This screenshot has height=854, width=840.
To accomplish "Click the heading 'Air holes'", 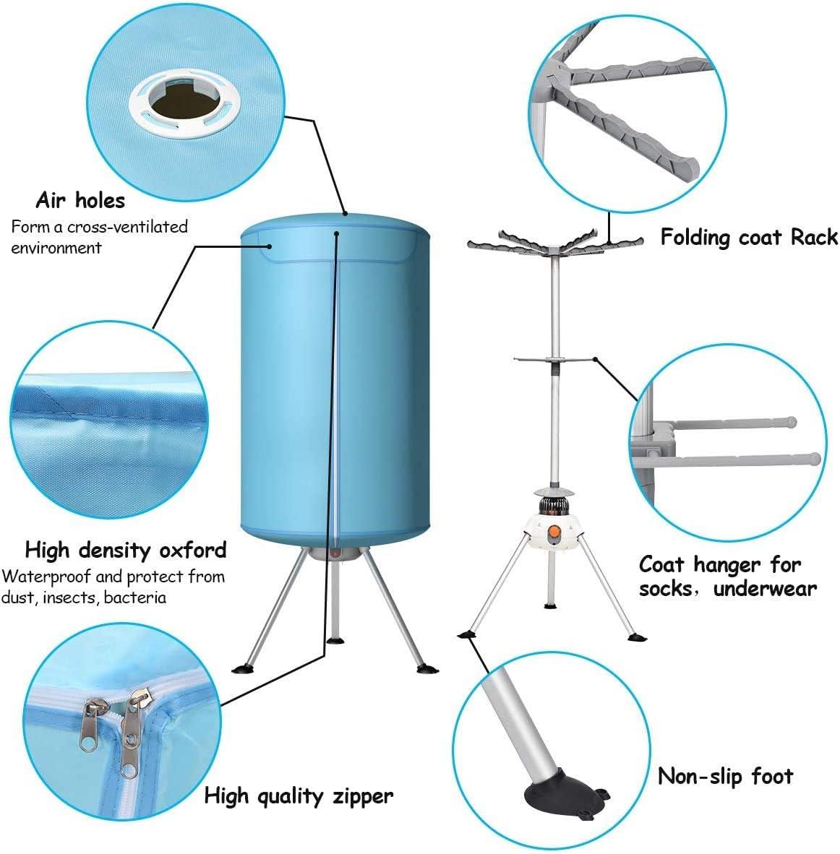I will tap(80, 200).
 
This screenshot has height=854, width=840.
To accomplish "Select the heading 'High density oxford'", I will tap(126, 550).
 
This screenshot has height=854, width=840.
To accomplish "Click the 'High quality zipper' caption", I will tap(299, 796).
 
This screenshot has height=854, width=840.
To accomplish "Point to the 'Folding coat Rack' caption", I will tap(748, 237).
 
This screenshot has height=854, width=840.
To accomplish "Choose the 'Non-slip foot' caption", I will tap(725, 777).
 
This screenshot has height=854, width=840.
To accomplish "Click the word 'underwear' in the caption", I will tap(765, 589).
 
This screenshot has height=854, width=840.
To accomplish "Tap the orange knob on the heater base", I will tap(555, 535).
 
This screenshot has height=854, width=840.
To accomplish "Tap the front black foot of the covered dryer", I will tap(335, 639).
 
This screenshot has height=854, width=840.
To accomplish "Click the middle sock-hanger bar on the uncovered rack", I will tap(554, 360).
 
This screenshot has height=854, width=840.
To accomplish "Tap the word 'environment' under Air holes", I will tap(56, 248).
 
